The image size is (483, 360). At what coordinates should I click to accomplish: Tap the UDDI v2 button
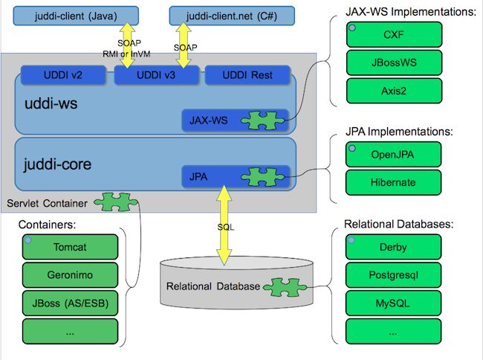pyautogui.click(x=62, y=76)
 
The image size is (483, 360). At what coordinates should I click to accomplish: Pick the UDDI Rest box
pyautogui.click(x=249, y=76)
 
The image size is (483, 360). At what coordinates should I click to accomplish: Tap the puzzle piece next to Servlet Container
pyautogui.click(x=111, y=203)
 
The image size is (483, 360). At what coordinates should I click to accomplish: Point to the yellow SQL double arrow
pyautogui.click(x=221, y=226)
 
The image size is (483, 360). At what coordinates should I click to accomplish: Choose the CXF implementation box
pyautogui.click(x=393, y=33)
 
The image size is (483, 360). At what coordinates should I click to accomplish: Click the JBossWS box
pyautogui.click(x=393, y=62)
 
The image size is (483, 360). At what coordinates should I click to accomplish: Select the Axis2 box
pyautogui.click(x=393, y=90)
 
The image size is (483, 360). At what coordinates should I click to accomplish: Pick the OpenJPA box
pyautogui.click(x=393, y=155)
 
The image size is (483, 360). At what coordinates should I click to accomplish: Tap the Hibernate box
pyautogui.click(x=393, y=182)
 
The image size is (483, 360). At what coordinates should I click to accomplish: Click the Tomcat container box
pyautogui.click(x=71, y=246)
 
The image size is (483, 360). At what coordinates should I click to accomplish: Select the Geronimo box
pyautogui.click(x=71, y=274)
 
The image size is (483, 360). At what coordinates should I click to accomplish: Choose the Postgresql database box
pyautogui.click(x=393, y=275)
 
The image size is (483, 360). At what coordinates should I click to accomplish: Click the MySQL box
pyautogui.click(x=393, y=303)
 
